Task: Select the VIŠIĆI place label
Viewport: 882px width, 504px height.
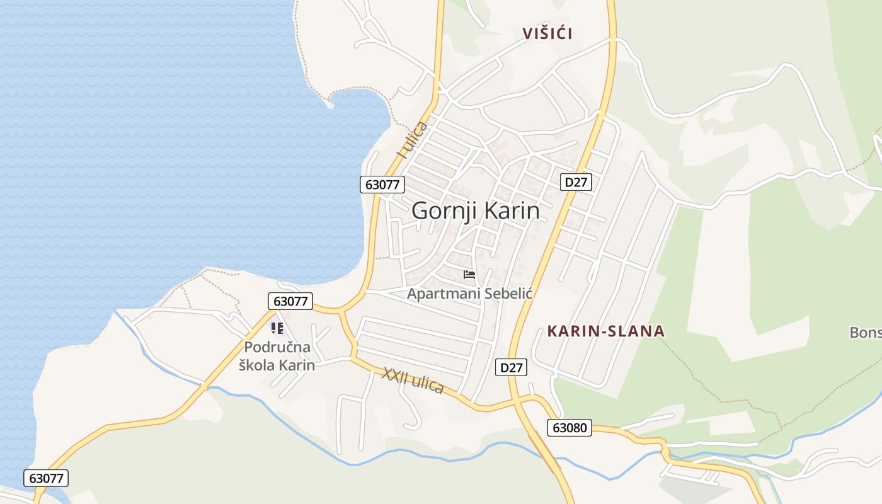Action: click(547, 34)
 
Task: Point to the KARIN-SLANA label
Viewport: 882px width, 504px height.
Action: click(605, 331)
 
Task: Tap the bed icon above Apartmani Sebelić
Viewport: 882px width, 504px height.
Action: click(469, 275)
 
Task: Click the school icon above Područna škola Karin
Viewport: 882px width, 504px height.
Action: click(277, 328)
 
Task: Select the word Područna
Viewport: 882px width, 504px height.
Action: click(277, 347)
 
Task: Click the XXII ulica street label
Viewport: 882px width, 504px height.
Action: click(413, 381)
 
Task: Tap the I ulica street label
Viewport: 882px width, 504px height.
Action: click(413, 139)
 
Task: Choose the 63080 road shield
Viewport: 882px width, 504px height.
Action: click(569, 428)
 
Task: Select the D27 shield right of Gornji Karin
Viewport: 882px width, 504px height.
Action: click(576, 183)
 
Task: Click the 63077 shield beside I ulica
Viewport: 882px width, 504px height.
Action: click(382, 185)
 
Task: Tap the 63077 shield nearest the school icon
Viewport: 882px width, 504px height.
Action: click(290, 301)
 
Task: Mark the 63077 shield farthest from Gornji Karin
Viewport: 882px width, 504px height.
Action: click(46, 478)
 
